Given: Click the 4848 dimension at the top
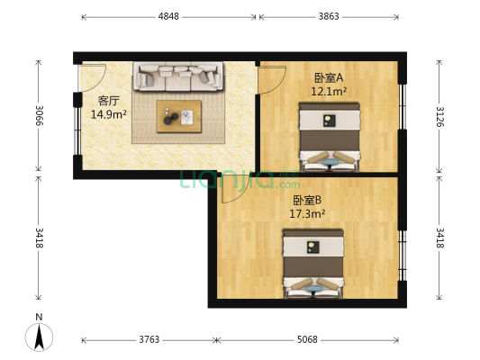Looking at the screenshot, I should pyautogui.click(x=168, y=16).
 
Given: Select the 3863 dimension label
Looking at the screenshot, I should pyautogui.click(x=329, y=16).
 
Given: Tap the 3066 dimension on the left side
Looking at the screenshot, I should pyautogui.click(x=39, y=116).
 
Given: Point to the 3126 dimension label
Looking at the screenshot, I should pyautogui.click(x=439, y=116).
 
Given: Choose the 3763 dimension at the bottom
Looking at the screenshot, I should pyautogui.click(x=149, y=339).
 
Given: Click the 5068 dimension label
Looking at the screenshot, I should pyautogui.click(x=307, y=339).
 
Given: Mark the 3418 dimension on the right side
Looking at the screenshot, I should pyautogui.click(x=439, y=238).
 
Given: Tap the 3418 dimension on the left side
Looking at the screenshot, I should pyautogui.click(x=39, y=238).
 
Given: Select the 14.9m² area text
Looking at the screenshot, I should pyautogui.click(x=108, y=114).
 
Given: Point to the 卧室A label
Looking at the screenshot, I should pyautogui.click(x=329, y=78).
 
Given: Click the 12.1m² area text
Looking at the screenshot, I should pyautogui.click(x=329, y=91).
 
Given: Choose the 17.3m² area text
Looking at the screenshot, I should pyautogui.click(x=307, y=214).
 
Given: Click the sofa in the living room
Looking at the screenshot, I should pyautogui.click(x=177, y=76).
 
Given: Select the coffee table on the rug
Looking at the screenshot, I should pyautogui.click(x=179, y=115).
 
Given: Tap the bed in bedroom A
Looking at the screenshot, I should pyautogui.click(x=329, y=136).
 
